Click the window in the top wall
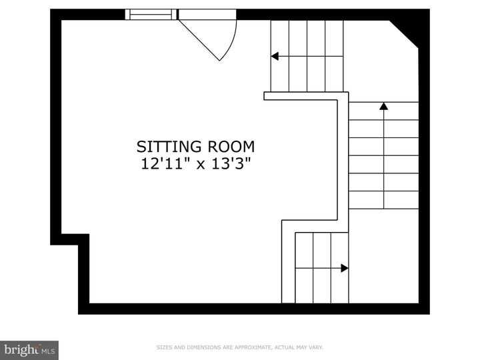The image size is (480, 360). pyautogui.click(x=151, y=15)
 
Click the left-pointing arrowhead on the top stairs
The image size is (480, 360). pyautogui.click(x=274, y=57)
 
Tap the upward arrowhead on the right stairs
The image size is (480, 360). pyautogui.click(x=383, y=105)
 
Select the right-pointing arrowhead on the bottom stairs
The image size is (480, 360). pyautogui.click(x=344, y=268)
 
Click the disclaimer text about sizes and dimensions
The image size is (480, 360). pyautogui.click(x=239, y=347)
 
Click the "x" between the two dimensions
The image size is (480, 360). pyautogui.click(x=197, y=164)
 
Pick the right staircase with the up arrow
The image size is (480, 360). pyautogui.click(x=383, y=155)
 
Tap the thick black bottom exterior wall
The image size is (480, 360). pyautogui.click(x=253, y=309)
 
